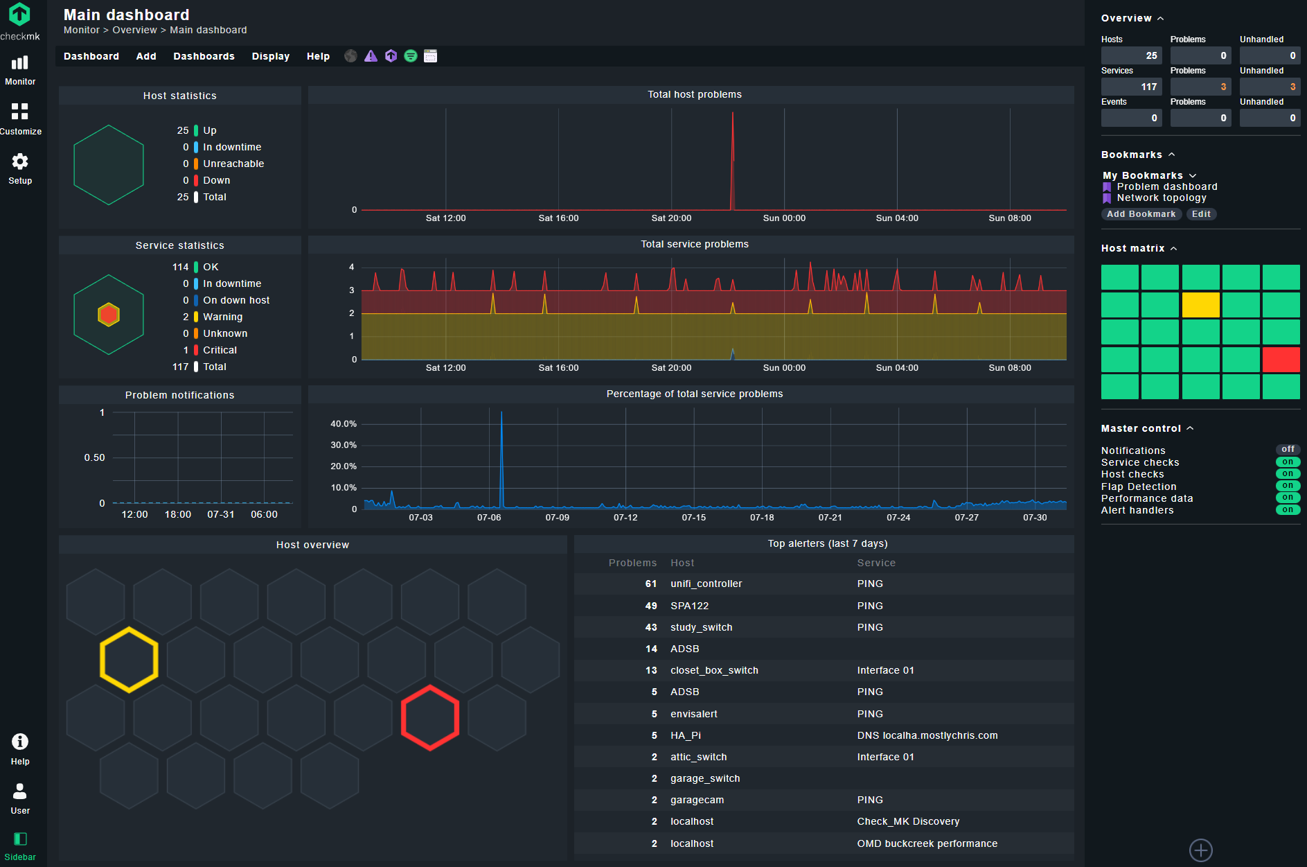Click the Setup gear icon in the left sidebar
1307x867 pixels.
(20, 162)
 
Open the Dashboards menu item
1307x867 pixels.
(204, 56)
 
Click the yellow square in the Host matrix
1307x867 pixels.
(1200, 305)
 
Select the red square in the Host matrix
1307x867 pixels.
(1281, 360)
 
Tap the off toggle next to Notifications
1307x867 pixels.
(1288, 450)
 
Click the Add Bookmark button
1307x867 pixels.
(1141, 214)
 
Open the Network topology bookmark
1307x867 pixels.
(1161, 198)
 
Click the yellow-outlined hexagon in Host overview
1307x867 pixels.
(129, 659)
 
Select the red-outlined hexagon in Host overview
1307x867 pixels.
(430, 717)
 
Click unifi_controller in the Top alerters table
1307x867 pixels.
(706, 584)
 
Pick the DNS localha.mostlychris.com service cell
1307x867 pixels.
(927, 735)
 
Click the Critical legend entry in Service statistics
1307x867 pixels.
(220, 350)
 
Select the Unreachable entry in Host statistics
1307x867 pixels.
(233, 164)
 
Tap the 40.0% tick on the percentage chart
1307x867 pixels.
(344, 423)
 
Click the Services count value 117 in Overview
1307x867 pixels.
(1148, 87)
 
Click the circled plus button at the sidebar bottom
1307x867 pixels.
(1200, 850)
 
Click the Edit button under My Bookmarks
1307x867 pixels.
(1201, 214)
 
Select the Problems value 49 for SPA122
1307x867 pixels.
(651, 606)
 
